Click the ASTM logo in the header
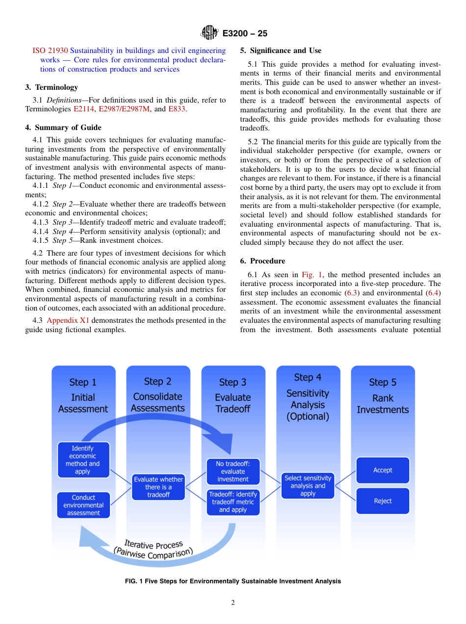(209, 33)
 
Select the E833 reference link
(177, 109)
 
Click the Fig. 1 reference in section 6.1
(311, 275)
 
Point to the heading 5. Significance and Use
(281, 51)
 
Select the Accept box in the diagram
(383, 470)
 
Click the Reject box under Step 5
(383, 501)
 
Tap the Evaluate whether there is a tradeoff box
(158, 487)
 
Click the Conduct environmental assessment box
(83, 505)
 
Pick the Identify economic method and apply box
(83, 460)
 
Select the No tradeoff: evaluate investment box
(233, 471)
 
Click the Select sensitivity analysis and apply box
(308, 486)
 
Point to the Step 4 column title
(308, 377)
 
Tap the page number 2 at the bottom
(233, 603)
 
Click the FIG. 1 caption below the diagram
(233, 581)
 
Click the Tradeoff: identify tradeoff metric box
(233, 502)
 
